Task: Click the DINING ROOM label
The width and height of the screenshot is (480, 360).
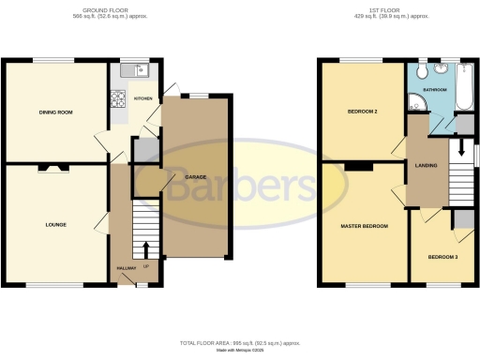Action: tap(56, 112)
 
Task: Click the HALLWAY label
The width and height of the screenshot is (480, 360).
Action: tap(126, 268)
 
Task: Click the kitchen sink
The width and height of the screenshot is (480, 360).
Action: tap(140, 68)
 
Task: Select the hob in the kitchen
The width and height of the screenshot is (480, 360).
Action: tap(119, 97)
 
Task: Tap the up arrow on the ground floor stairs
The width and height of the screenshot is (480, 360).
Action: tap(145, 249)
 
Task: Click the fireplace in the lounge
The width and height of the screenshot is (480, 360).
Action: tap(52, 169)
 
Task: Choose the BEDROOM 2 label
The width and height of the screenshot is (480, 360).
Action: tap(350, 112)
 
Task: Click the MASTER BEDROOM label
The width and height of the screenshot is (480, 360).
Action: tap(364, 226)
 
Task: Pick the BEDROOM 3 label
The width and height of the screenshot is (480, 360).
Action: tap(443, 257)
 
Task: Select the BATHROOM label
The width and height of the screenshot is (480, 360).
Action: tap(435, 90)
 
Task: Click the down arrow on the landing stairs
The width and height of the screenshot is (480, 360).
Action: tap(459, 154)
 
